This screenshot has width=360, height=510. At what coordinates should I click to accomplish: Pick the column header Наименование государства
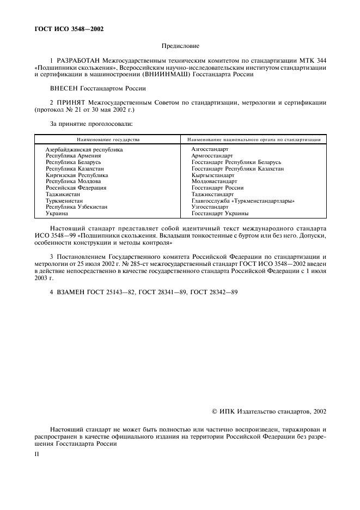(x=108, y=139)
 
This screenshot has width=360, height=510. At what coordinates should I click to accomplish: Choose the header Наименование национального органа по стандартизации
(x=254, y=139)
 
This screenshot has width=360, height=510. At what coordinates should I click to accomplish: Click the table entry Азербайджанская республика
(x=84, y=149)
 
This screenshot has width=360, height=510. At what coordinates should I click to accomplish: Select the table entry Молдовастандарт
(x=215, y=181)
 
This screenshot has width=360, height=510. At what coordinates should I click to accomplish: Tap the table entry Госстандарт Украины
(x=220, y=214)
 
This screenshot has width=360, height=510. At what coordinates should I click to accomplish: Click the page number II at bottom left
(x=36, y=452)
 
